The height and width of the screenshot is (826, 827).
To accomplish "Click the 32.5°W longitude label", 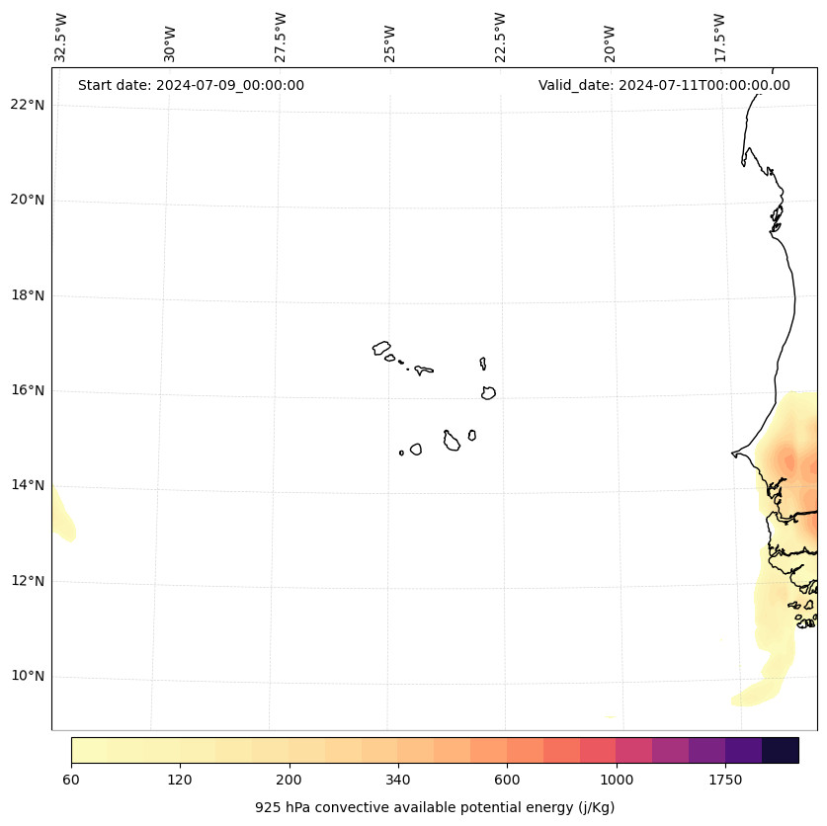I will [x=61, y=38].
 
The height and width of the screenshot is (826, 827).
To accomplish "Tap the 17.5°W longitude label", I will [x=719, y=38].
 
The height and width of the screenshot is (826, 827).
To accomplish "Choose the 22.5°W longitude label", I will [x=500, y=38].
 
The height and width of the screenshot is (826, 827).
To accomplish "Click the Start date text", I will [x=191, y=85].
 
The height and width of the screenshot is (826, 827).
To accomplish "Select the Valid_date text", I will [x=664, y=85].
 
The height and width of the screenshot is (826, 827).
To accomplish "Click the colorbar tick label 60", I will [x=71, y=781].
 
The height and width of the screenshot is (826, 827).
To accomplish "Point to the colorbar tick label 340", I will [x=398, y=781].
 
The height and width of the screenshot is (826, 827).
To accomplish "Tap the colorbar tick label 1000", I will [x=617, y=781].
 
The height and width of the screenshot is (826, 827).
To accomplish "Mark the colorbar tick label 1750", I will [x=725, y=781].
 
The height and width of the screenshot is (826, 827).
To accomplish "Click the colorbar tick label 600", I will [x=507, y=781].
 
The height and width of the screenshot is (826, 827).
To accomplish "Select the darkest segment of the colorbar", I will [x=781, y=750].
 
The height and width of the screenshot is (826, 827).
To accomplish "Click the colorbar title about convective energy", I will [x=435, y=807].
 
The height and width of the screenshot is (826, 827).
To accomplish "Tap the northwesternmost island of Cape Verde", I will [x=381, y=348].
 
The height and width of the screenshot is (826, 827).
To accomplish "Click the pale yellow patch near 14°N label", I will [x=61, y=519].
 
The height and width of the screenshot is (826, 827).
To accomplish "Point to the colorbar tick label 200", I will [x=289, y=781].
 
